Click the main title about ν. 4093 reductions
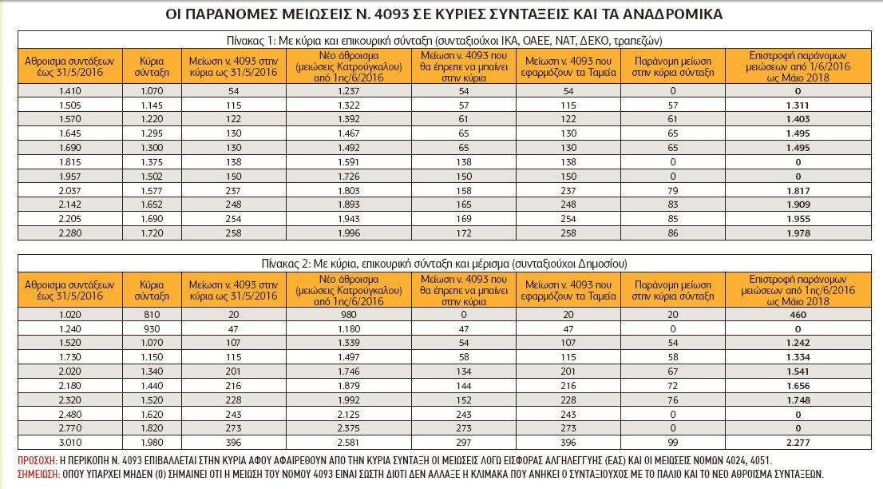[444, 15]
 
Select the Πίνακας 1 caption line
[444, 40]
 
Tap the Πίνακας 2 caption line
[444, 263]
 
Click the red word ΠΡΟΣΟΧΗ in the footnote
[37, 462]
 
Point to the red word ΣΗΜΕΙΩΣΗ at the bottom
[38, 474]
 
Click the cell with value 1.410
[70, 92]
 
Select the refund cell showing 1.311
[798, 105]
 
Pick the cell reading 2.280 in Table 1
[70, 233]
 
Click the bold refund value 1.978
[798, 233]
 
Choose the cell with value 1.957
[70, 177]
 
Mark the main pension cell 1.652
[152, 205]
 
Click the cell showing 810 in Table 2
[152, 315]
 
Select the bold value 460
[798, 315]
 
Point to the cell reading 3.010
[70, 442]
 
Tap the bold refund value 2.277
[798, 442]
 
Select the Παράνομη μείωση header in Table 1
[673, 67]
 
